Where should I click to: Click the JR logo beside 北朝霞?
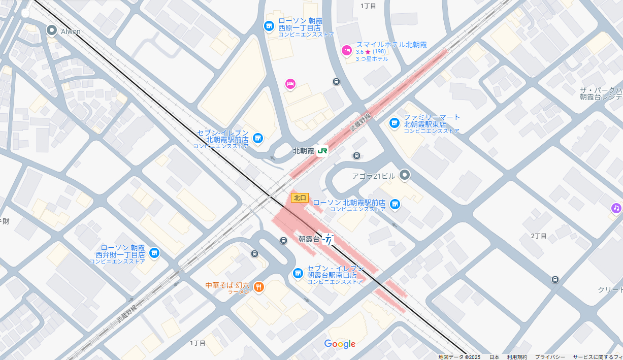tap(322, 151)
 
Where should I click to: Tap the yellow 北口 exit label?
tap(300, 198)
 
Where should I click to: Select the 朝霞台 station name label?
tap(309, 239)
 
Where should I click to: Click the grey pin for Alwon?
tap(51, 30)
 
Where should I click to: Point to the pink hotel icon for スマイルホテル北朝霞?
tap(347, 50)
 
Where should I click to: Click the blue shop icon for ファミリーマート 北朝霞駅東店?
tap(394, 123)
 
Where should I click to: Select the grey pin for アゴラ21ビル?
tap(404, 175)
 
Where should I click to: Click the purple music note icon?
tap(616, 208)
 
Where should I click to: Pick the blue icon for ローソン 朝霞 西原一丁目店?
tap(269, 25)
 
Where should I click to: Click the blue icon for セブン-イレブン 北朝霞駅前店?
tap(258, 138)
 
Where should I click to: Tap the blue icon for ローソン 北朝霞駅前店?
tap(395, 204)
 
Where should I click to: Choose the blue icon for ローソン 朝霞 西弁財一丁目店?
tap(154, 252)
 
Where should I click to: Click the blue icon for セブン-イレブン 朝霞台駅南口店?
tap(298, 274)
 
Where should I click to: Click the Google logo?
tap(340, 344)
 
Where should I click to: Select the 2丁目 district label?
tap(539, 236)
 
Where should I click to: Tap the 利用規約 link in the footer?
tap(517, 357)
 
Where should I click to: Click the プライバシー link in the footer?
tap(550, 357)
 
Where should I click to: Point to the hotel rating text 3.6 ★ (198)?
tap(371, 52)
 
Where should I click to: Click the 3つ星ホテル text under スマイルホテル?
tap(372, 59)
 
